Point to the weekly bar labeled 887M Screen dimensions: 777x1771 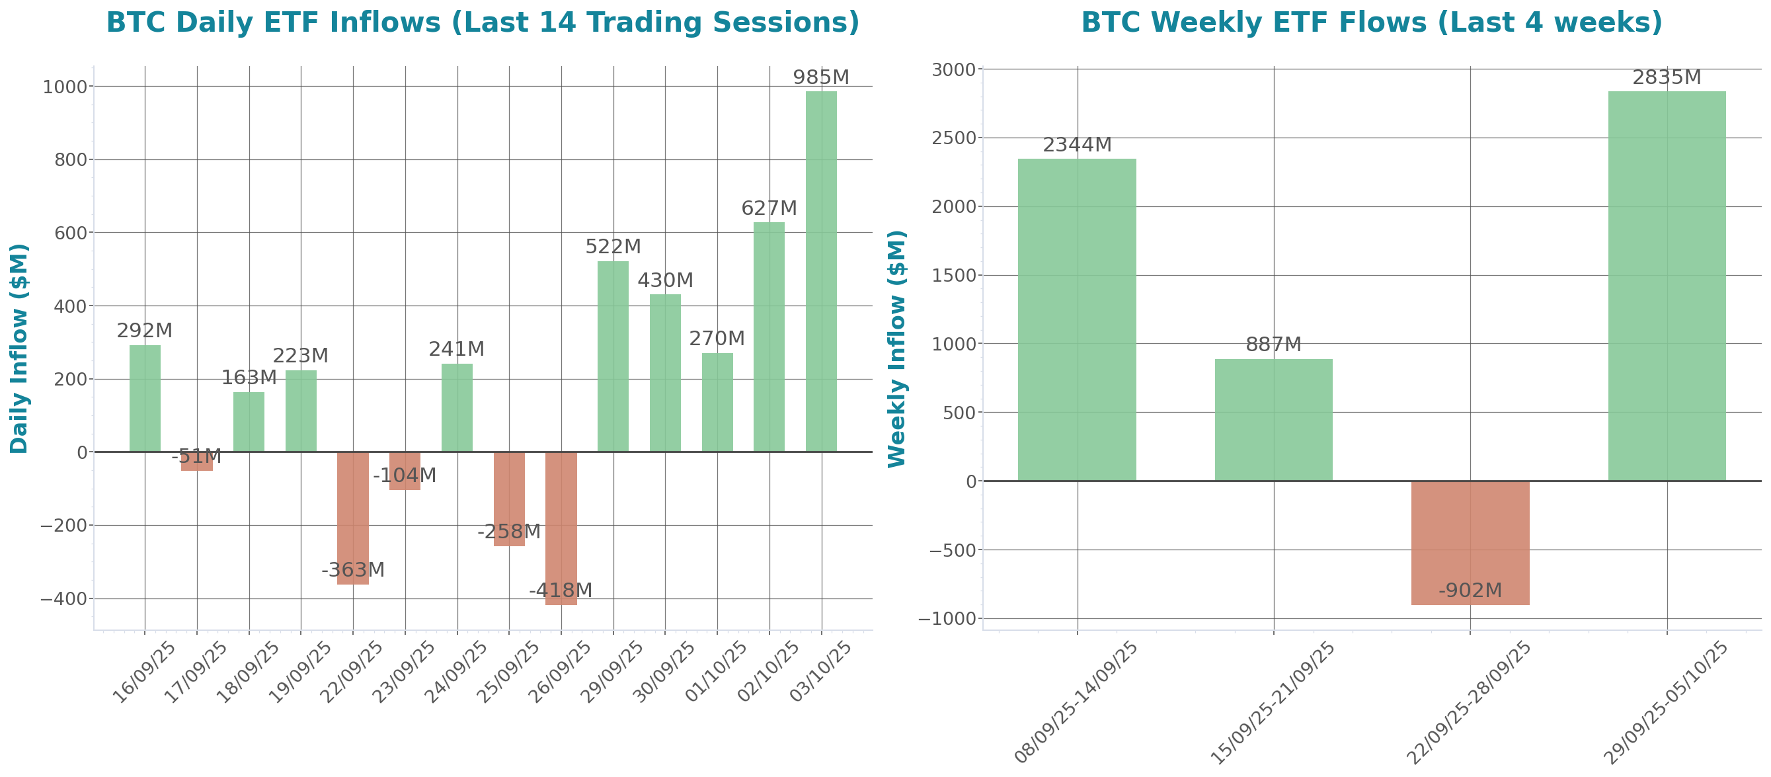tap(1273, 419)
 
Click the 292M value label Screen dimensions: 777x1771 tap(144, 331)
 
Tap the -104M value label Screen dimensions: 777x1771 tap(405, 475)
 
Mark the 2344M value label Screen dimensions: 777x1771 tap(1077, 145)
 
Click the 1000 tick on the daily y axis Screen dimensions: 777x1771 tap(65, 87)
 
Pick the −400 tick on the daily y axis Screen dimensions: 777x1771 tap(63, 599)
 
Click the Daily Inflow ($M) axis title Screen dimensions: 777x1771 tap(19, 348)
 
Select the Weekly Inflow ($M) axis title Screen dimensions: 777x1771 tap(897, 348)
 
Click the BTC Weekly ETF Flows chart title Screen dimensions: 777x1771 tap(1372, 22)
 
